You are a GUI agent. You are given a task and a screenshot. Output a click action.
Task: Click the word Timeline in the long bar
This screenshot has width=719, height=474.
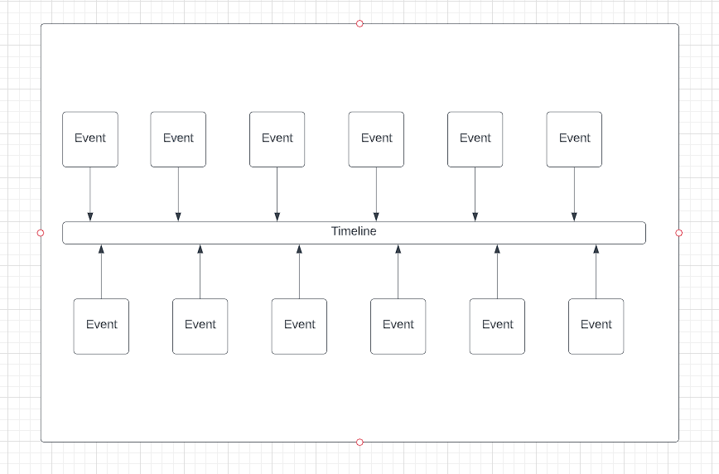[x=354, y=232]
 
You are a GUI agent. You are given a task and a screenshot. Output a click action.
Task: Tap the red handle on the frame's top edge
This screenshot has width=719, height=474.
[x=359, y=23]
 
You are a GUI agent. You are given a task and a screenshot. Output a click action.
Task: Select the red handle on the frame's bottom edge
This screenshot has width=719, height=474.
[x=359, y=443]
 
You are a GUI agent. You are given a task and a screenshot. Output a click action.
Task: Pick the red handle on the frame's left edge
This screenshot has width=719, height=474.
[x=41, y=233]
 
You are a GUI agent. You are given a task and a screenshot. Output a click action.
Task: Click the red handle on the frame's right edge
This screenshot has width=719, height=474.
[x=679, y=233]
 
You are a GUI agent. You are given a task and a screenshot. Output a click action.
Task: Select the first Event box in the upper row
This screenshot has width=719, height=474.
[x=90, y=139]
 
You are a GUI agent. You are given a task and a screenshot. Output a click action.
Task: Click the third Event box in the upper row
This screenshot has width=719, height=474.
[x=277, y=139]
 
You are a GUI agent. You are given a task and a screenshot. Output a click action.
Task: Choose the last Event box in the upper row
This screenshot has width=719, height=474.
[x=574, y=139]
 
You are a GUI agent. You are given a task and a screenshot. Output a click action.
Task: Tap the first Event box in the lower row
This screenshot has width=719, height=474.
[x=101, y=326]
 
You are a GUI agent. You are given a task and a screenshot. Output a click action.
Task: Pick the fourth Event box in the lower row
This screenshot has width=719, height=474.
[x=398, y=326]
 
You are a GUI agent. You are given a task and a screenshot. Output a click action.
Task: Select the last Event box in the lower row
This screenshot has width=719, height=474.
[x=596, y=326]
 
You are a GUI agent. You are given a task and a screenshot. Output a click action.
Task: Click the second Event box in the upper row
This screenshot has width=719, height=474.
[x=178, y=139]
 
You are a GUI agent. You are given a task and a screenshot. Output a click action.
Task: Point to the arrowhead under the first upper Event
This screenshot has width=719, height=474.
[x=90, y=217]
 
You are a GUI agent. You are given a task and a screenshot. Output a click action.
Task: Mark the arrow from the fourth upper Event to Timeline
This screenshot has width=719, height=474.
[x=376, y=194]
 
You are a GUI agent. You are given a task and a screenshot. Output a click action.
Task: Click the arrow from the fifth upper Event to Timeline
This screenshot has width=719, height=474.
[x=475, y=194]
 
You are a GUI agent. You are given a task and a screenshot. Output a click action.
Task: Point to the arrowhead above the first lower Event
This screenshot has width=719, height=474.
[x=101, y=249]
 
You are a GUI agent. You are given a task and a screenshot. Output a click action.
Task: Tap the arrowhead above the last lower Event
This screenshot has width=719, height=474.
[x=596, y=249]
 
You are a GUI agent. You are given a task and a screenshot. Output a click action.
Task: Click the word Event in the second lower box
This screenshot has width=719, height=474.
[x=200, y=325]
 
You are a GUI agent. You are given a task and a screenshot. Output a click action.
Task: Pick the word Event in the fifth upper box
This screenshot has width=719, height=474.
[x=475, y=138]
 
